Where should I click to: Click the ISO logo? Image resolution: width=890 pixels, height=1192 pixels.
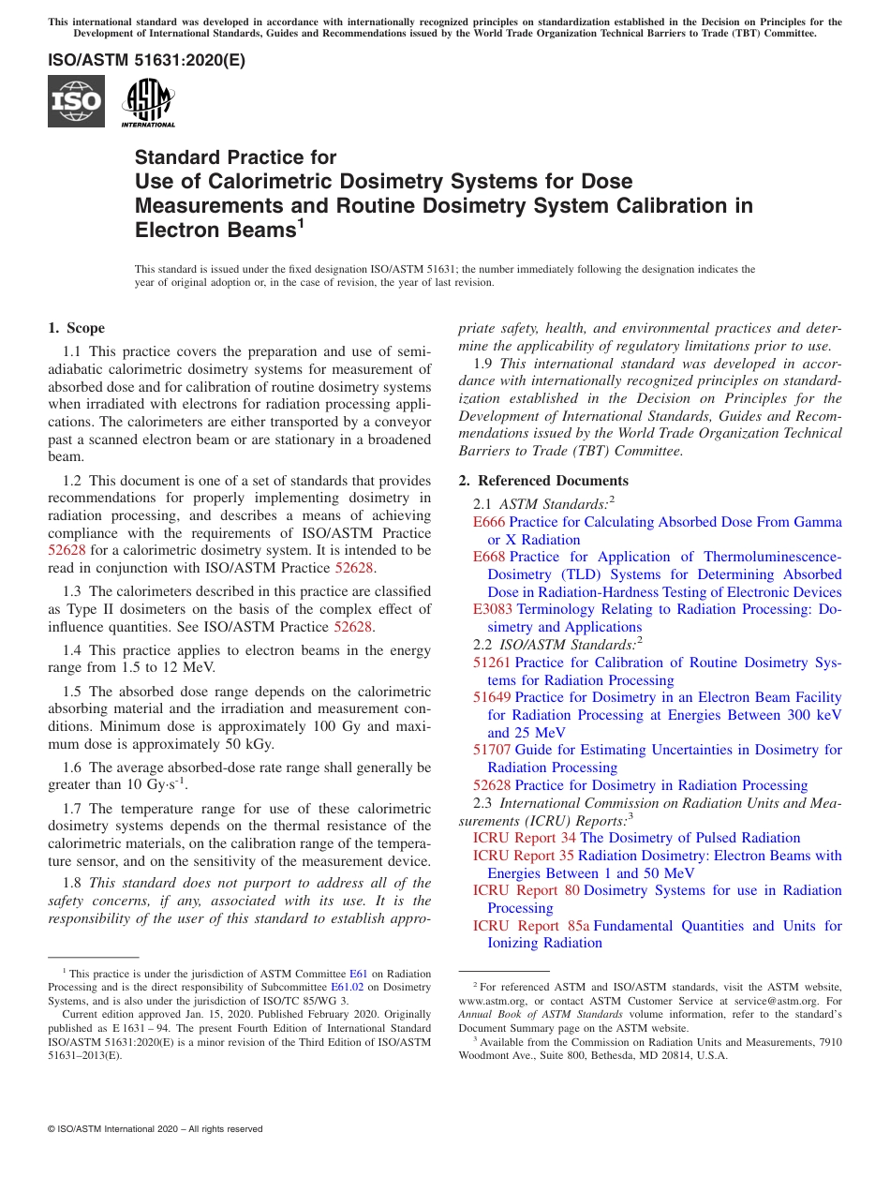click(76, 101)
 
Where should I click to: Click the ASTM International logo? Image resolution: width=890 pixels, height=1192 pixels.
click(148, 101)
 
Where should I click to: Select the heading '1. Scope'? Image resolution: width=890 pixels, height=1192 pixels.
click(77, 328)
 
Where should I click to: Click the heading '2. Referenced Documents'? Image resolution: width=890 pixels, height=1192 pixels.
click(543, 481)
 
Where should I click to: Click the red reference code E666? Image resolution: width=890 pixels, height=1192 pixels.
click(489, 522)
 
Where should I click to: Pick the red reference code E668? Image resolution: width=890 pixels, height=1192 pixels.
click(489, 557)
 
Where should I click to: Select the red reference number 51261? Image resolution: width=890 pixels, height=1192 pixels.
click(492, 663)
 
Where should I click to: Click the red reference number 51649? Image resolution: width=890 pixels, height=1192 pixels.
click(492, 697)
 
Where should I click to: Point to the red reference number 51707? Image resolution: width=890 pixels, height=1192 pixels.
click(492, 750)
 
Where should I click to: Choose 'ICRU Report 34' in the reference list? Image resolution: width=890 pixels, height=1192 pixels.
click(524, 838)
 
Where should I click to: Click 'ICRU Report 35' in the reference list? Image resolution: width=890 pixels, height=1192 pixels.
click(524, 856)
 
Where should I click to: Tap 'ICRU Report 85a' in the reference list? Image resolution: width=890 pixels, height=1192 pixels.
click(531, 926)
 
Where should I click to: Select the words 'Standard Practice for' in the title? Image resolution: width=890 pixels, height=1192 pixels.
click(235, 157)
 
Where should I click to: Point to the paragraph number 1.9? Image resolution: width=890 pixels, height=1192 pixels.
click(483, 364)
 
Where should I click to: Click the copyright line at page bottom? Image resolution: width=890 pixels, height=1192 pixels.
click(156, 1129)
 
